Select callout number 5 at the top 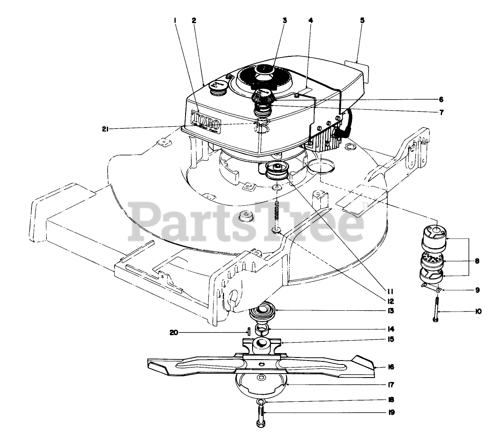pyautogui.click(x=362, y=20)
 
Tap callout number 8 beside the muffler pyautogui.click(x=477, y=261)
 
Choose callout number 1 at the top pyautogui.click(x=175, y=20)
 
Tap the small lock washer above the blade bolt pyautogui.click(x=260, y=402)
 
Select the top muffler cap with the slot pyautogui.click(x=435, y=233)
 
